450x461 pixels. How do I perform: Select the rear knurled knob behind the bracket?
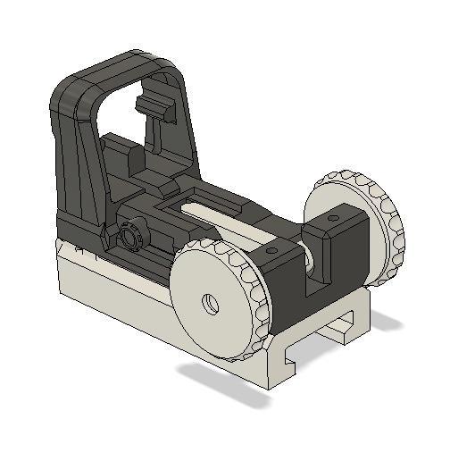(x=384, y=223)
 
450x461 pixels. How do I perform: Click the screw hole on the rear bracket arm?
(x=332, y=217)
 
